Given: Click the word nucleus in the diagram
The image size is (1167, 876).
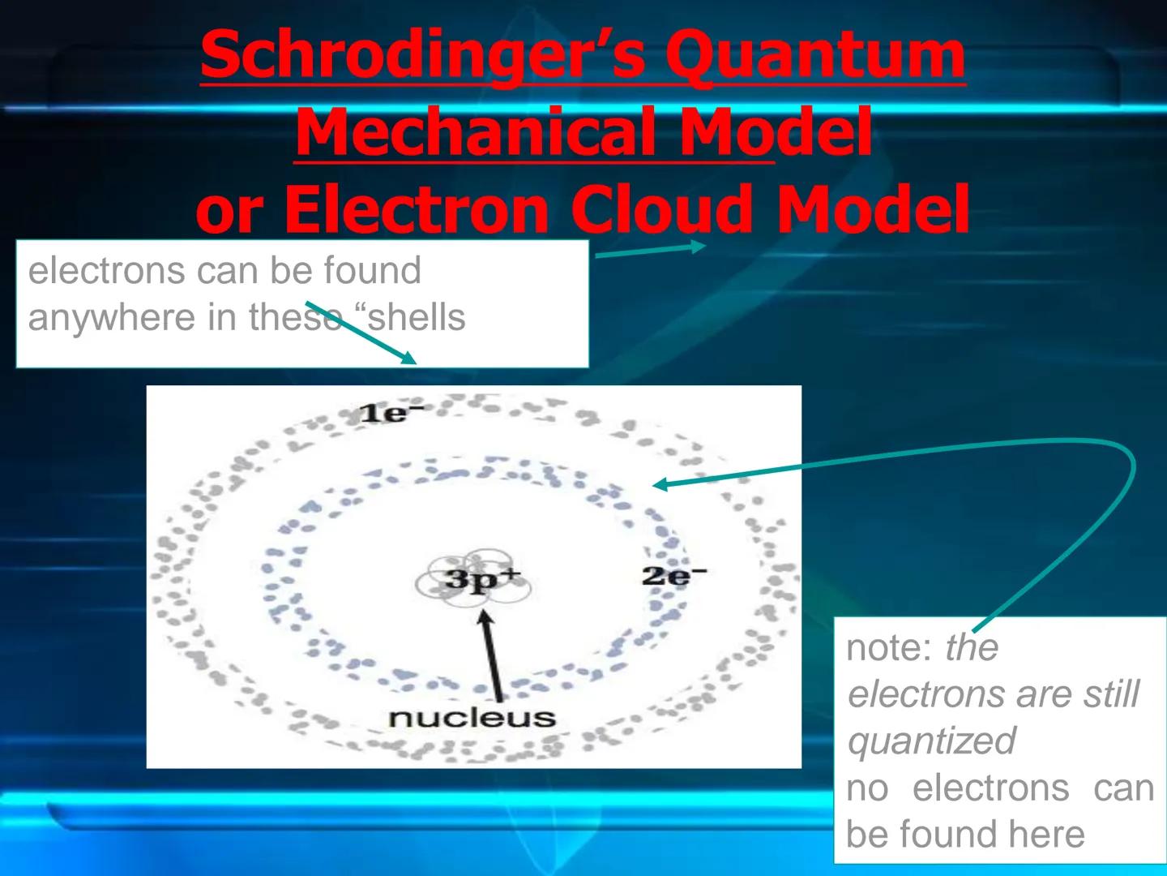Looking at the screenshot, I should pos(472,718).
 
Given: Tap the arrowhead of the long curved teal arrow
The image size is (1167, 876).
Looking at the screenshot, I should pos(660,484).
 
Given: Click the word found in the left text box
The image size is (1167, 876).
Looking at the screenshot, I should pos(373,270).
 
